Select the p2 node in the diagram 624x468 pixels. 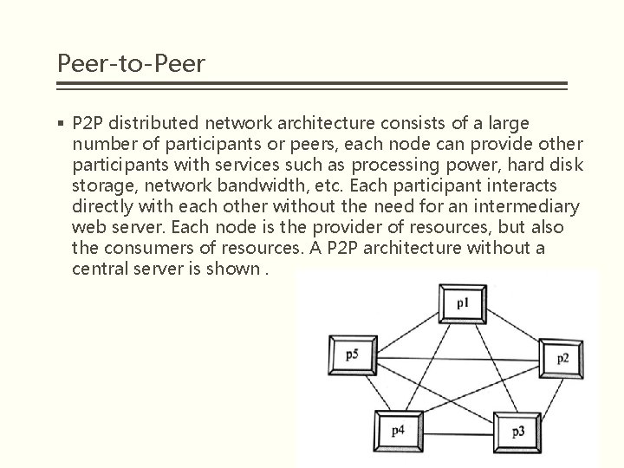tap(562, 358)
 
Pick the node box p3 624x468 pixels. tap(517, 431)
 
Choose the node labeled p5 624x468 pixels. tap(350, 354)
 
